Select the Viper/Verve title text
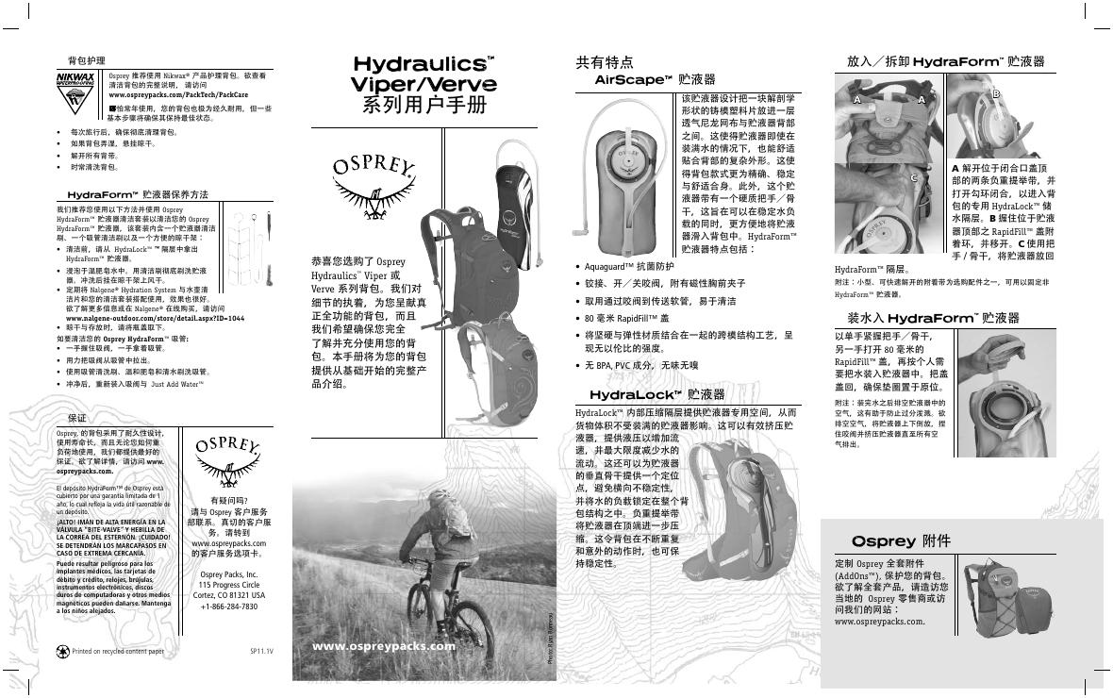pos(424,83)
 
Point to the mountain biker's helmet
pos(440,496)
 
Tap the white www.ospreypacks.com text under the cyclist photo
pos(383,647)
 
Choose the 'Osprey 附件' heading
pos(901,541)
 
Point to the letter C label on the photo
pos(913,177)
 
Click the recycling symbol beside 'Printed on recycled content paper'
pos(62,651)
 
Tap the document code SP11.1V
pos(261,652)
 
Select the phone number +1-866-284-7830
pos(229,607)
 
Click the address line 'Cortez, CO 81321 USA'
pos(229,595)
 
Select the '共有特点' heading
pos(605,62)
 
